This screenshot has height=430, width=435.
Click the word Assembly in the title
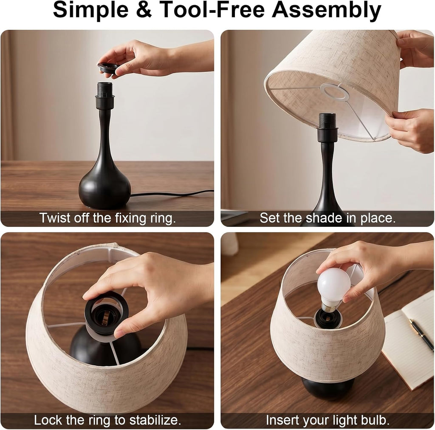(326, 10)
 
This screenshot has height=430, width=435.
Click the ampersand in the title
(144, 10)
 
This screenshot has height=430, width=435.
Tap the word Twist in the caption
(55, 218)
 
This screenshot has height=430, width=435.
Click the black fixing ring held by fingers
(108, 68)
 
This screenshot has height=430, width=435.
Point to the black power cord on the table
(172, 193)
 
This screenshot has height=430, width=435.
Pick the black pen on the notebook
(421, 331)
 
